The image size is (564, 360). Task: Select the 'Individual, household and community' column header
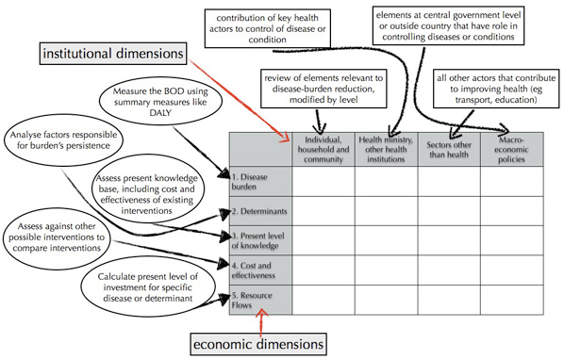click(x=323, y=148)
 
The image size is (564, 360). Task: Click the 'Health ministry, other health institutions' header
click(x=386, y=148)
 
